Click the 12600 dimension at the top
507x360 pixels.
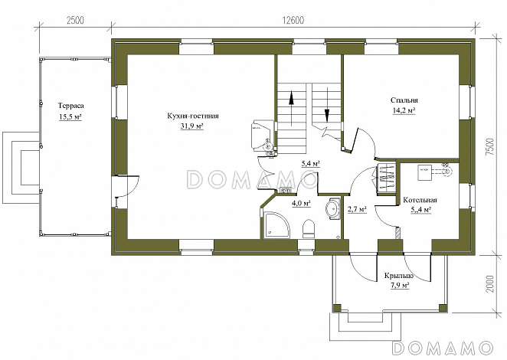293,20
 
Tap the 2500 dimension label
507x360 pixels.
75,20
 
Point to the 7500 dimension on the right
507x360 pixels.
489,148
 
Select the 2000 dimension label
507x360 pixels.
489,284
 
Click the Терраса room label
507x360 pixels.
70,106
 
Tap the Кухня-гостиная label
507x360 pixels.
193,116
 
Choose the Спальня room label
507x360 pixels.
404,100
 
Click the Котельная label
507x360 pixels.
420,200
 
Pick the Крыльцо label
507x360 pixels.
399,276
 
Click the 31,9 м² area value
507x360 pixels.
192,126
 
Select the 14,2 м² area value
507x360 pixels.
404,110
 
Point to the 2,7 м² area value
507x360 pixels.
357,209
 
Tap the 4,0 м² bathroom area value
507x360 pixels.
301,204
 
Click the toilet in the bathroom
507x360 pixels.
309,229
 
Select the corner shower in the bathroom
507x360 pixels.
276,225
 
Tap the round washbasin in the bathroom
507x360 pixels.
332,208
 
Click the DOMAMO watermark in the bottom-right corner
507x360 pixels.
443,348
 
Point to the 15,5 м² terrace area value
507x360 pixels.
70,116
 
